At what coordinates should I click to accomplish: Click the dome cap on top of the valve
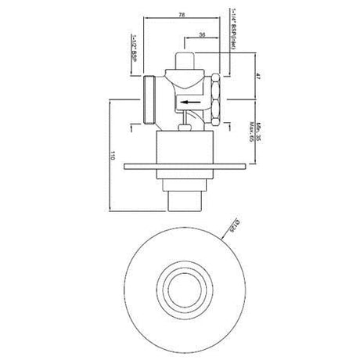coord(187,60)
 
